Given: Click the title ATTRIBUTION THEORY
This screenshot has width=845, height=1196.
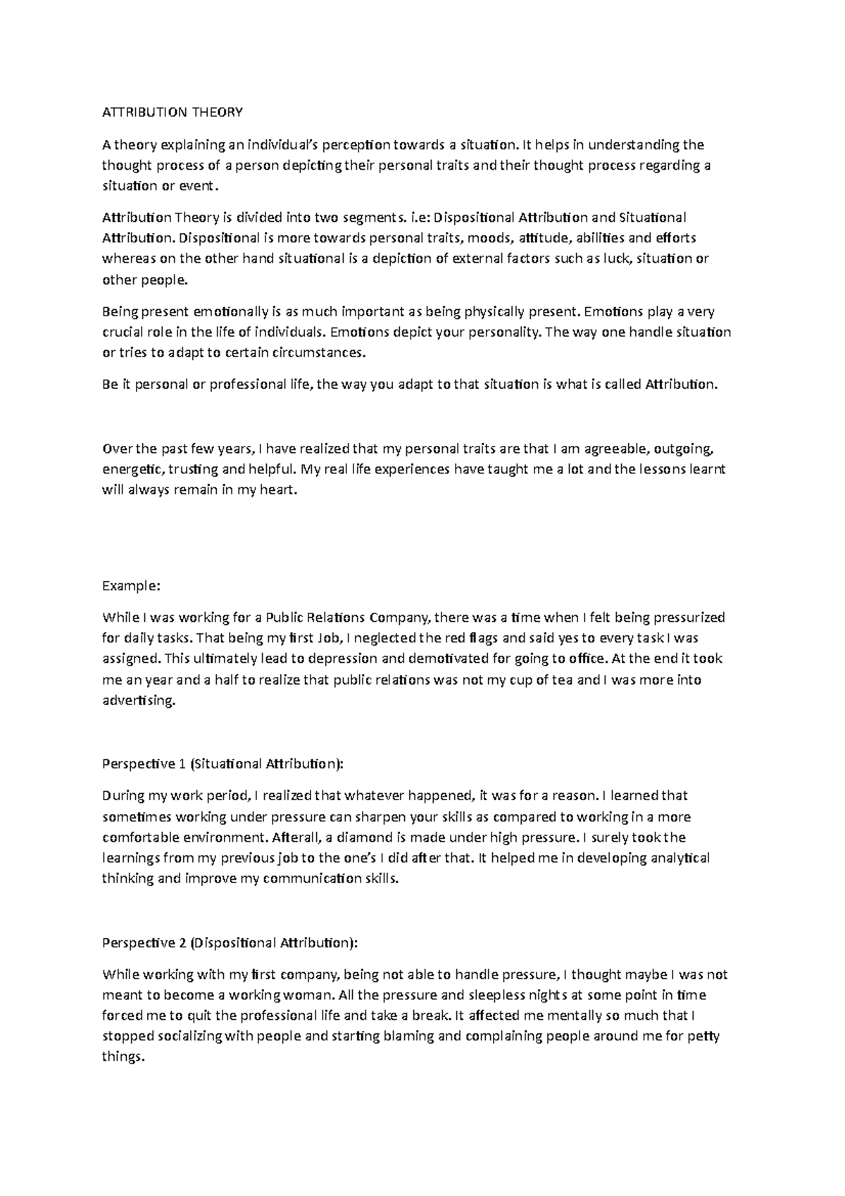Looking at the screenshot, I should [173, 113].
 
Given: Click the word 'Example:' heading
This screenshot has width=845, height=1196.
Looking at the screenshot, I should [132, 586].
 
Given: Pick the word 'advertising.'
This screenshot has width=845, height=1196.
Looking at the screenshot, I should [138, 701].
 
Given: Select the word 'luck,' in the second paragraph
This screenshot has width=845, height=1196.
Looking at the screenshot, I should [614, 258].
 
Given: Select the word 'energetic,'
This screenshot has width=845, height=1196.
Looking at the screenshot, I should [132, 469].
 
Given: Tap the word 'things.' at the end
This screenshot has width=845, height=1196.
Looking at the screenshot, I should [123, 1057].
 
